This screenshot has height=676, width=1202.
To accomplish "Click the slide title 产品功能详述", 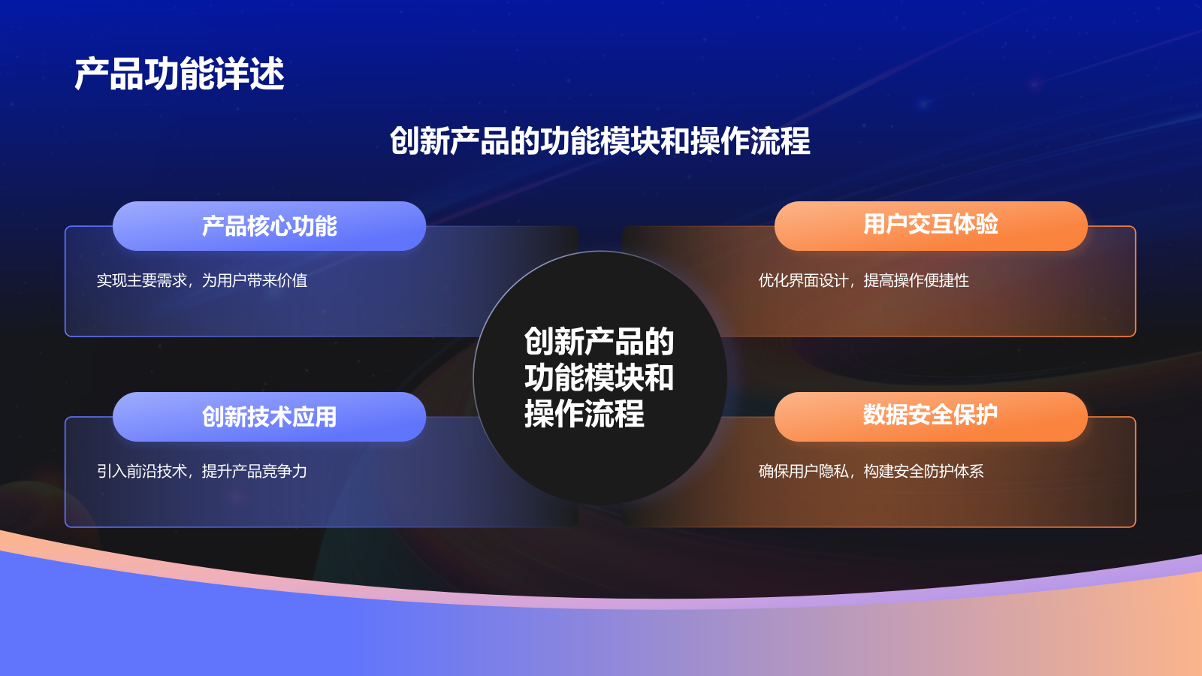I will coord(180,74).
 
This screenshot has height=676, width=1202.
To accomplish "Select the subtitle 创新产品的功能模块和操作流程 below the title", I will coord(599,141).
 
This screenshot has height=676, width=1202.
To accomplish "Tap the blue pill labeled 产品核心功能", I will coord(269,226).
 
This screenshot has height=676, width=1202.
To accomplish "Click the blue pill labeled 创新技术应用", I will coord(269,417).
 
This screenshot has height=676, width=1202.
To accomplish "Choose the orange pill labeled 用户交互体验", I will coord(930,225).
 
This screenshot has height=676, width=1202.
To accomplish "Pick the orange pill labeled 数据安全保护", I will coord(930,415).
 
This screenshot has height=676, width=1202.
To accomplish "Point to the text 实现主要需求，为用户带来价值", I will coord(201,281).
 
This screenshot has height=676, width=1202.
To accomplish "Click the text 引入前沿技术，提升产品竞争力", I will coord(201,472).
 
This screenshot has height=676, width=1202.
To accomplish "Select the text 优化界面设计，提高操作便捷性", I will coord(863,281).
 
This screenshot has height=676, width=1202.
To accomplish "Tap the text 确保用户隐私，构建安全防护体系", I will coord(871,472).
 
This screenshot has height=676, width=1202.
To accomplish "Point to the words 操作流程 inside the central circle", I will coord(584,414).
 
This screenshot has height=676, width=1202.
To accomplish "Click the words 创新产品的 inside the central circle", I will coord(599,342).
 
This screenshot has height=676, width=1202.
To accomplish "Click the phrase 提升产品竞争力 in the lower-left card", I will coord(254,472).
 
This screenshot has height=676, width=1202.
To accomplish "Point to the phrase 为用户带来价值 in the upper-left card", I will coord(254,281).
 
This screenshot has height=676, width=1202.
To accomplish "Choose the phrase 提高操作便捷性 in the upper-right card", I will coord(916,281).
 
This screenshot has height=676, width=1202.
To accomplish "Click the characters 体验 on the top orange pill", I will coord(975,225).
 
